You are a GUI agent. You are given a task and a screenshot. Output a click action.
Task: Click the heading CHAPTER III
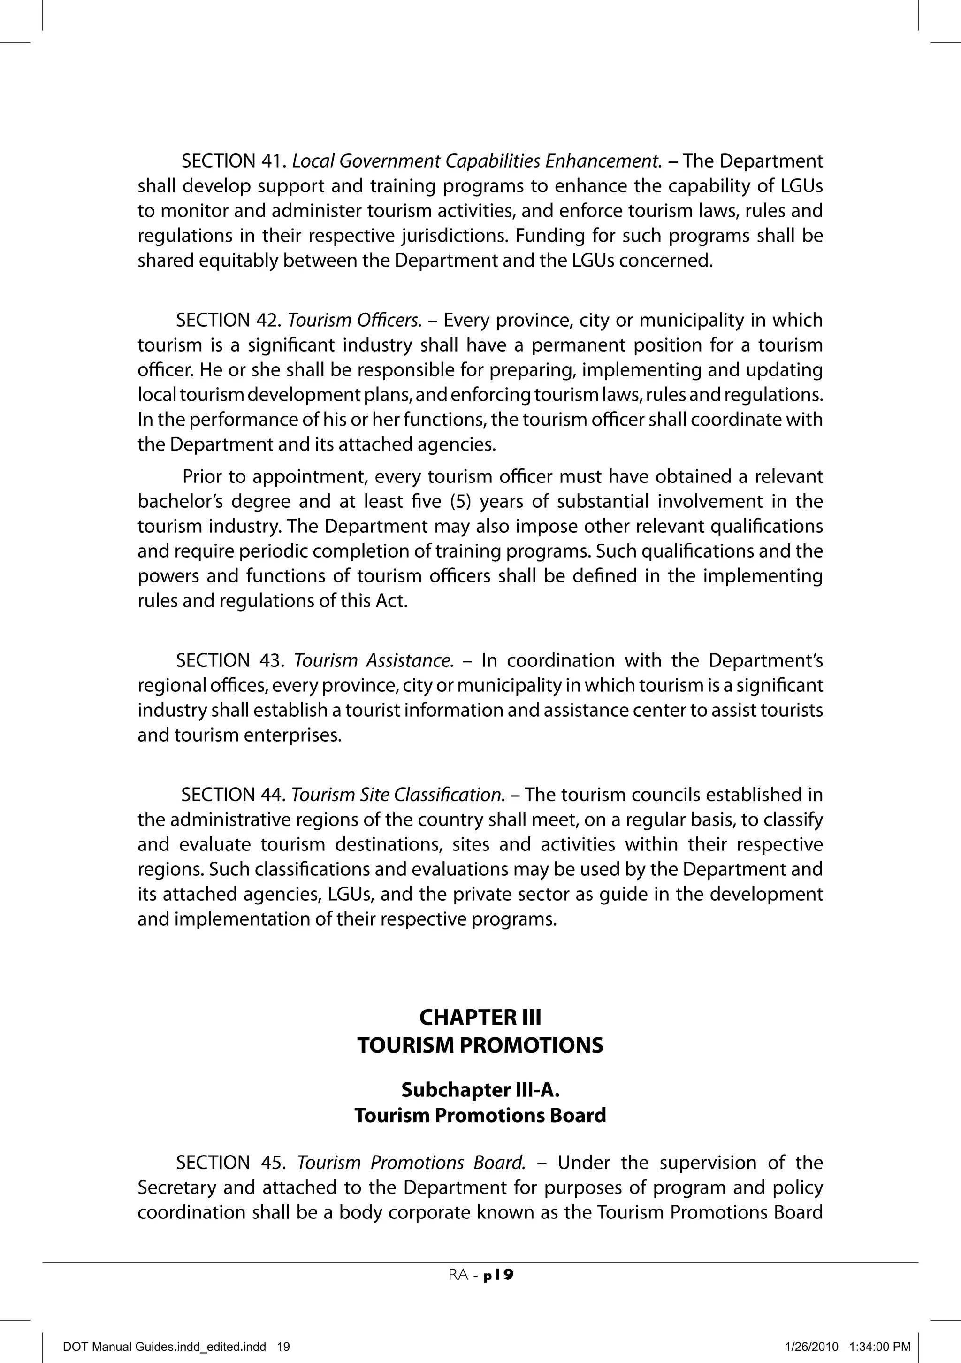pos(480,1018)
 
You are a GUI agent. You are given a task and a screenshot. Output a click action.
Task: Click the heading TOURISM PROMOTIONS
pos(480,1045)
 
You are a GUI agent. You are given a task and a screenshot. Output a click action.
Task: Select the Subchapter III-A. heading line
pos(480,1090)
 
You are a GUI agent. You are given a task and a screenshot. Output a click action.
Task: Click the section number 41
pos(274,161)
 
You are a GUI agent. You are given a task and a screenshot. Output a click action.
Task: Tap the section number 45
pos(274,1162)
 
